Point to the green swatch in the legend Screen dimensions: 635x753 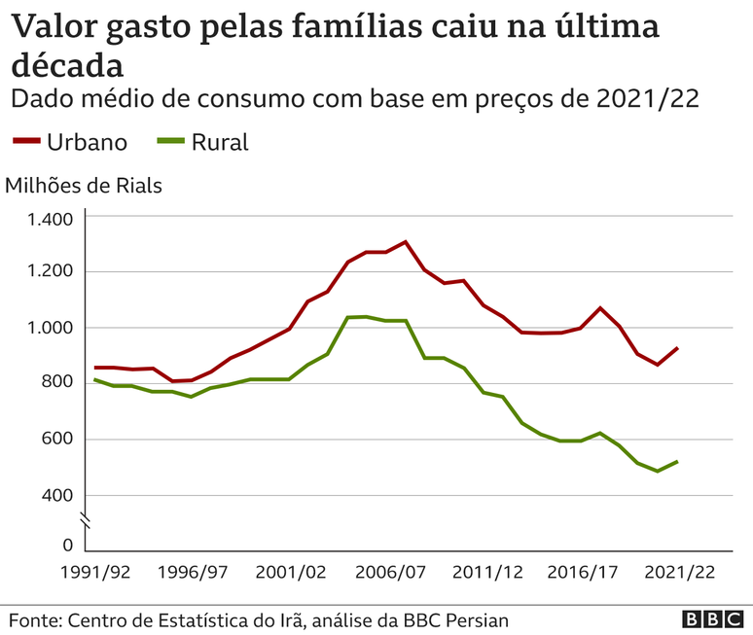click(x=169, y=142)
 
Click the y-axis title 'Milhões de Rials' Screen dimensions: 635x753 click(x=84, y=185)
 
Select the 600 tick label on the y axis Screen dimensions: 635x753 click(x=57, y=440)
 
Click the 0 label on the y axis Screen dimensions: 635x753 click(x=67, y=546)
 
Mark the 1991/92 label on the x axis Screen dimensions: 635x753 click(x=94, y=573)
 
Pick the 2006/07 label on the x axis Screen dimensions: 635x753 click(x=386, y=573)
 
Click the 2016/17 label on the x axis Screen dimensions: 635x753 click(x=582, y=573)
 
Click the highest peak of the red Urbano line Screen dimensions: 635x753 click(x=406, y=242)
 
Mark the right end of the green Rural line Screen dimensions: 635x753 click(x=676, y=461)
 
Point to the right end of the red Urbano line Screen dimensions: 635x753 click(x=676, y=347)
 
